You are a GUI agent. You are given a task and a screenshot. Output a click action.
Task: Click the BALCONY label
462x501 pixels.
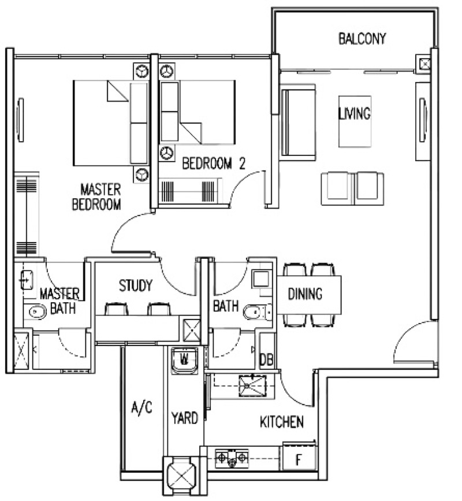click(362, 38)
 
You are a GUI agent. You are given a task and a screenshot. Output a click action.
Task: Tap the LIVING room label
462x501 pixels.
click(355, 113)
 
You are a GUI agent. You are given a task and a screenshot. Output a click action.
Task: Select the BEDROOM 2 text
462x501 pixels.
click(214, 164)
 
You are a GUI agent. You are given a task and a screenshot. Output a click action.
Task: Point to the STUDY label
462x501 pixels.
click(136, 285)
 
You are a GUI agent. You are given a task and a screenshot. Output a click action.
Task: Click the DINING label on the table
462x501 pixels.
click(305, 294)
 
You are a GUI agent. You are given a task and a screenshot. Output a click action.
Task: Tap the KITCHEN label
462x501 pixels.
click(282, 422)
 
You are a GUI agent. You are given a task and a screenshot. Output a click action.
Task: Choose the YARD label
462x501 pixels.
click(185, 418)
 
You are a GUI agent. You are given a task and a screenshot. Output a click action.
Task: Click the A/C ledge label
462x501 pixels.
click(141, 408)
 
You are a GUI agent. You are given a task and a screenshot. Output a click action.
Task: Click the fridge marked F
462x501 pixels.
click(299, 458)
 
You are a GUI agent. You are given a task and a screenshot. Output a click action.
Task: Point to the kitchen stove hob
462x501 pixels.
click(232, 458)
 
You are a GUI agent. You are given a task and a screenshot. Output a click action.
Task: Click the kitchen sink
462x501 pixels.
click(252, 386)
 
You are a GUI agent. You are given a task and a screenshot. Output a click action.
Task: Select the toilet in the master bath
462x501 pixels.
click(38, 312)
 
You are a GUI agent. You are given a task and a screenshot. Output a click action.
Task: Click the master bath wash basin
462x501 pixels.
click(27, 280)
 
